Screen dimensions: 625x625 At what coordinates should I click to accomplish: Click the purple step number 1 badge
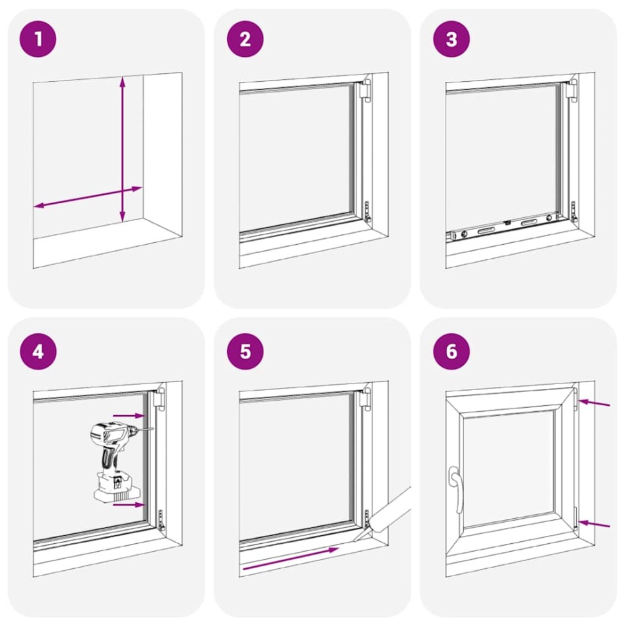pyautogui.click(x=39, y=39)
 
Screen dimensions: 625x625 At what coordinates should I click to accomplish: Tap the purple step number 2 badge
pyautogui.click(x=245, y=39)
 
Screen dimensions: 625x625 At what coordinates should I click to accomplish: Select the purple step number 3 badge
pyautogui.click(x=451, y=39)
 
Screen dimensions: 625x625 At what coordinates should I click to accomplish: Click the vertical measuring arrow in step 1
pyautogui.click(x=122, y=148)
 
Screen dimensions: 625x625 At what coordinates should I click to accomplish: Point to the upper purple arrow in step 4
pyautogui.click(x=129, y=416)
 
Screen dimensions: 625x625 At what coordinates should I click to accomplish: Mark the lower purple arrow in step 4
pyautogui.click(x=129, y=505)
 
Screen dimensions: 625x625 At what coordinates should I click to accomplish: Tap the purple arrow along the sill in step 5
pyautogui.click(x=291, y=557)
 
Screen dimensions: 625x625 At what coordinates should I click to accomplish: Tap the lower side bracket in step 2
pyautogui.click(x=368, y=212)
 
